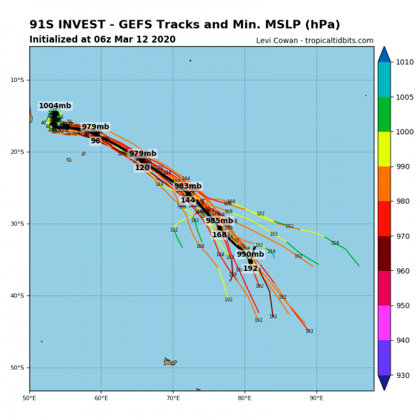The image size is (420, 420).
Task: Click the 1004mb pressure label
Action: (x=55, y=106)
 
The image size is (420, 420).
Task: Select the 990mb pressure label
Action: (x=250, y=254)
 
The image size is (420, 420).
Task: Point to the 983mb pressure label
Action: (x=188, y=186)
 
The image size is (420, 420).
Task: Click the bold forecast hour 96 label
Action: (x=95, y=141)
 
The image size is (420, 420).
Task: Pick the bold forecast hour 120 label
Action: (x=142, y=167)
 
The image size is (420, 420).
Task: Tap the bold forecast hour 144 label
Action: (x=188, y=200)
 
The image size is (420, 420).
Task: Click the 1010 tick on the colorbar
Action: (x=405, y=62)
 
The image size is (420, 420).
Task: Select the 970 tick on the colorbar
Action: (x=405, y=237)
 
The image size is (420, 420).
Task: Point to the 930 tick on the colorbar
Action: (x=405, y=376)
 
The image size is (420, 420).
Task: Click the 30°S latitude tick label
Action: (x=17, y=224)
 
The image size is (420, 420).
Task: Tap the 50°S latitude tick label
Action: (x=17, y=368)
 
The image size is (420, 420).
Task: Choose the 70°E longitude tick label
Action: (x=173, y=398)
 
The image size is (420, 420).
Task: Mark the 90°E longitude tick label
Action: (x=316, y=398)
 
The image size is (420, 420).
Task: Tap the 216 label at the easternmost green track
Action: (x=335, y=243)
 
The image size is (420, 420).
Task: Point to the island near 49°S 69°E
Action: (x=170, y=362)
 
